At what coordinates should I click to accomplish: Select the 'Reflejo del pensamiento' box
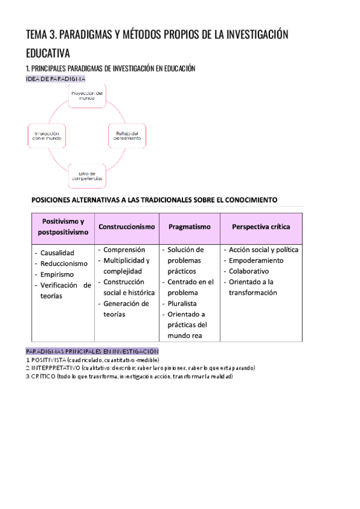point(127,135)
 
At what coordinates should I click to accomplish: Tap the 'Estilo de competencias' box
point(86,175)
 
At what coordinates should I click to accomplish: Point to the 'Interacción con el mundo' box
point(47,135)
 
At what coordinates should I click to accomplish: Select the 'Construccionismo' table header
point(127,227)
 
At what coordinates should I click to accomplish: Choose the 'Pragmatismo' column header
point(189,227)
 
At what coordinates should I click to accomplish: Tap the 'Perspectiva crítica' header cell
point(261,227)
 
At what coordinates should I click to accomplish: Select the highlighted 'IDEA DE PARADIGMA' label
point(56,79)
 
